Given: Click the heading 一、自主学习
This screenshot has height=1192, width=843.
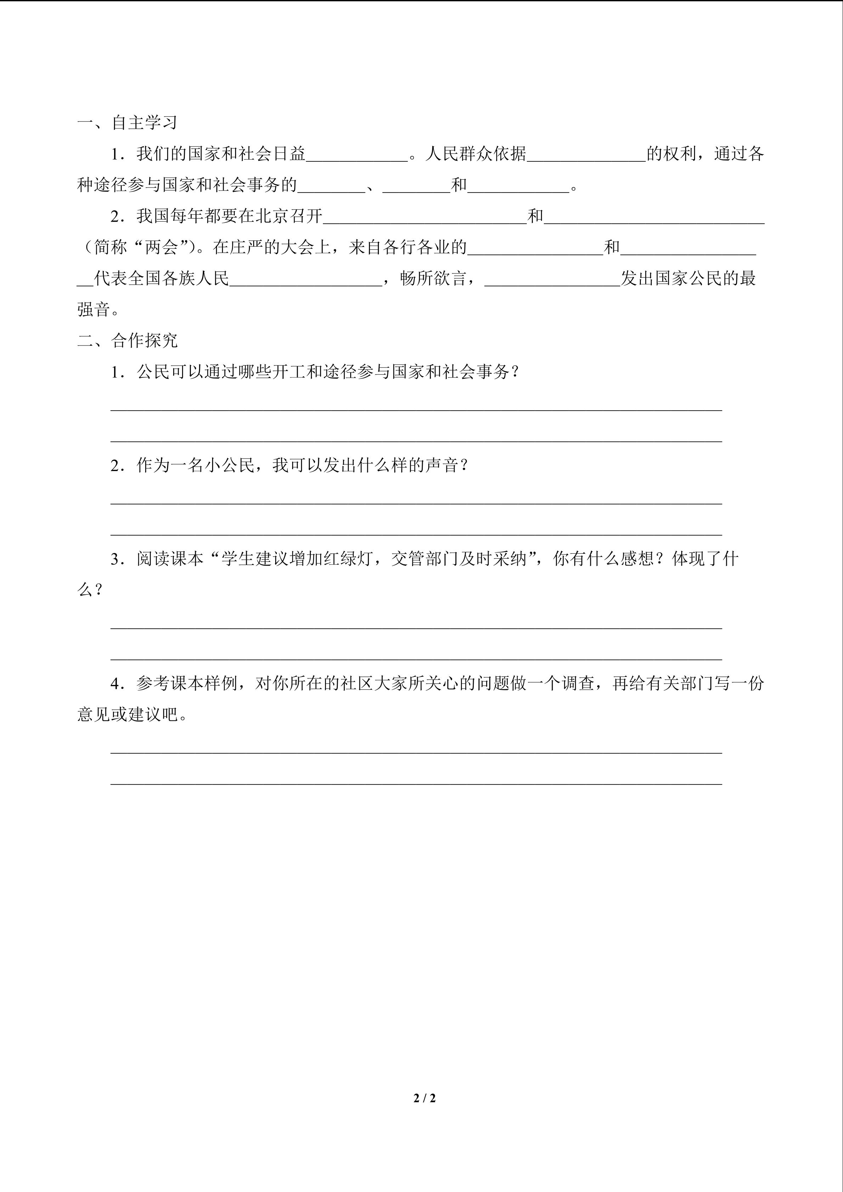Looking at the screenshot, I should (x=127, y=123).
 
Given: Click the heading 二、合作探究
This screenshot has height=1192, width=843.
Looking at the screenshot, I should (x=127, y=341).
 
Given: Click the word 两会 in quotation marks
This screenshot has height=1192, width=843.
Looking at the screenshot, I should (x=161, y=248).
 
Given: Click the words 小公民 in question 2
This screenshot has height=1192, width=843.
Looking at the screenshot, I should (x=229, y=466).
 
